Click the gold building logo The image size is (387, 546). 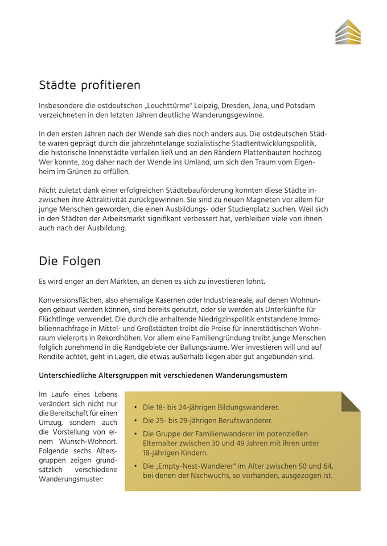[x=348, y=31]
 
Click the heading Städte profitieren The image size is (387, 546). [x=89, y=85]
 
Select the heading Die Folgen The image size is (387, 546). [x=69, y=261]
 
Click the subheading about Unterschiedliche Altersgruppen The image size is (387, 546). [x=163, y=375]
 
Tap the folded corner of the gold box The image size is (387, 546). [x=350, y=401]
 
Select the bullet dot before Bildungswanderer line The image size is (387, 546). [x=135, y=408]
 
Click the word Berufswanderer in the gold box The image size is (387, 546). [x=245, y=421]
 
